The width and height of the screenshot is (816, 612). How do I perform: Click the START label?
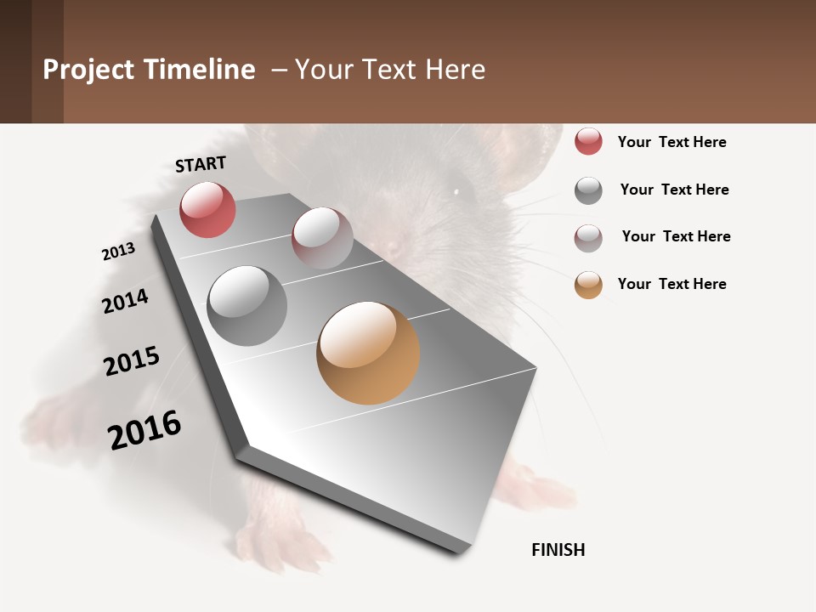point(201,164)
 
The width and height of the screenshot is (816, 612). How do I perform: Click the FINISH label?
point(558,550)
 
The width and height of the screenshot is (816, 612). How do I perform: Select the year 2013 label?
point(118,252)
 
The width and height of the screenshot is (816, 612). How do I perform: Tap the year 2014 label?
point(125,301)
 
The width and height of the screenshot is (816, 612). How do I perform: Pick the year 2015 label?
point(132,361)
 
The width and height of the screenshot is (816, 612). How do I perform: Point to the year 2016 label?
point(144,430)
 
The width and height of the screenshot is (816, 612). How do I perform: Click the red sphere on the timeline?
point(207,209)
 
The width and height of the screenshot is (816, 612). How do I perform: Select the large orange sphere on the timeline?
point(368,353)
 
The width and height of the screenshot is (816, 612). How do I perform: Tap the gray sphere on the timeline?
point(247,306)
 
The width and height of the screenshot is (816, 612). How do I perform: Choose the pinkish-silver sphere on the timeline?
point(322,238)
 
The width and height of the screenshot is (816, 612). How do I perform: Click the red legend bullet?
point(588,142)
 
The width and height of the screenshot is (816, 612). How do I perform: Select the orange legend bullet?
point(588,285)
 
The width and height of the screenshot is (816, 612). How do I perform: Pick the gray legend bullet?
point(588,190)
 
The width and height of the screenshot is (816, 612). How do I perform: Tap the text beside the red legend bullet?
point(671,142)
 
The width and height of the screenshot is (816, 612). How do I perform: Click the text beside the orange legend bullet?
point(671,284)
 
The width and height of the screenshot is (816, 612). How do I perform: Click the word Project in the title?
point(88,70)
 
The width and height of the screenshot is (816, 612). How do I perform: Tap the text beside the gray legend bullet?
point(674,190)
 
